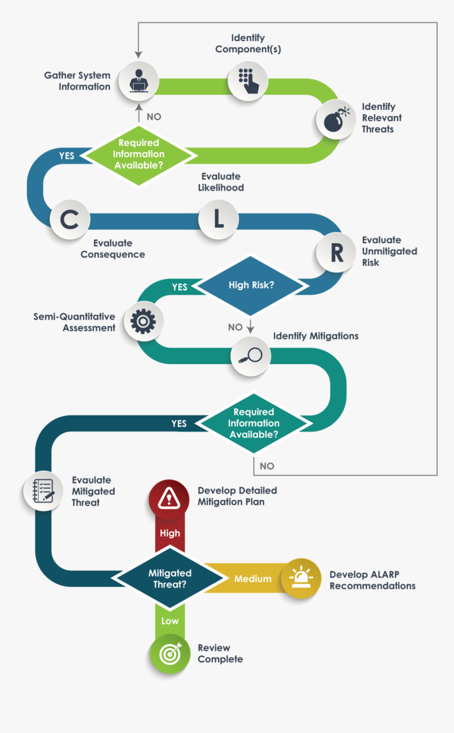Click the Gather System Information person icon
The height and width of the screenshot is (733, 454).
point(138,81)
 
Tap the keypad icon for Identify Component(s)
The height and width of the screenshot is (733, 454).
point(248,81)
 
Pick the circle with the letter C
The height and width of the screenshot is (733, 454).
point(70,220)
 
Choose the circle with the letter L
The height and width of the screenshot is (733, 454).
point(219,220)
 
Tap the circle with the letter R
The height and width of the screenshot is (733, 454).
point(336,252)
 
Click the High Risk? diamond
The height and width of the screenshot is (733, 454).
point(251,285)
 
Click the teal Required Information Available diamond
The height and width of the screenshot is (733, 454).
point(254,423)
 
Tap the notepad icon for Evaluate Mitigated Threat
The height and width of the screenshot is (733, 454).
point(43,490)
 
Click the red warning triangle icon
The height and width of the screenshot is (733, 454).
point(169,497)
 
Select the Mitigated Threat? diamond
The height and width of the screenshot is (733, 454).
point(169,578)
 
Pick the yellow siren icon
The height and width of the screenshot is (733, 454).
point(301,578)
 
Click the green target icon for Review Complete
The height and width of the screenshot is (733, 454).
point(169,654)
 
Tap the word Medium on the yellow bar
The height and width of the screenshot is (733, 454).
point(253,579)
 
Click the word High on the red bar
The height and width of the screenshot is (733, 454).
point(170,533)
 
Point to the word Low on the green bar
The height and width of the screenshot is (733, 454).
point(170,621)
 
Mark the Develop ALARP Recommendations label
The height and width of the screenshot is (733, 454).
point(372,580)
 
